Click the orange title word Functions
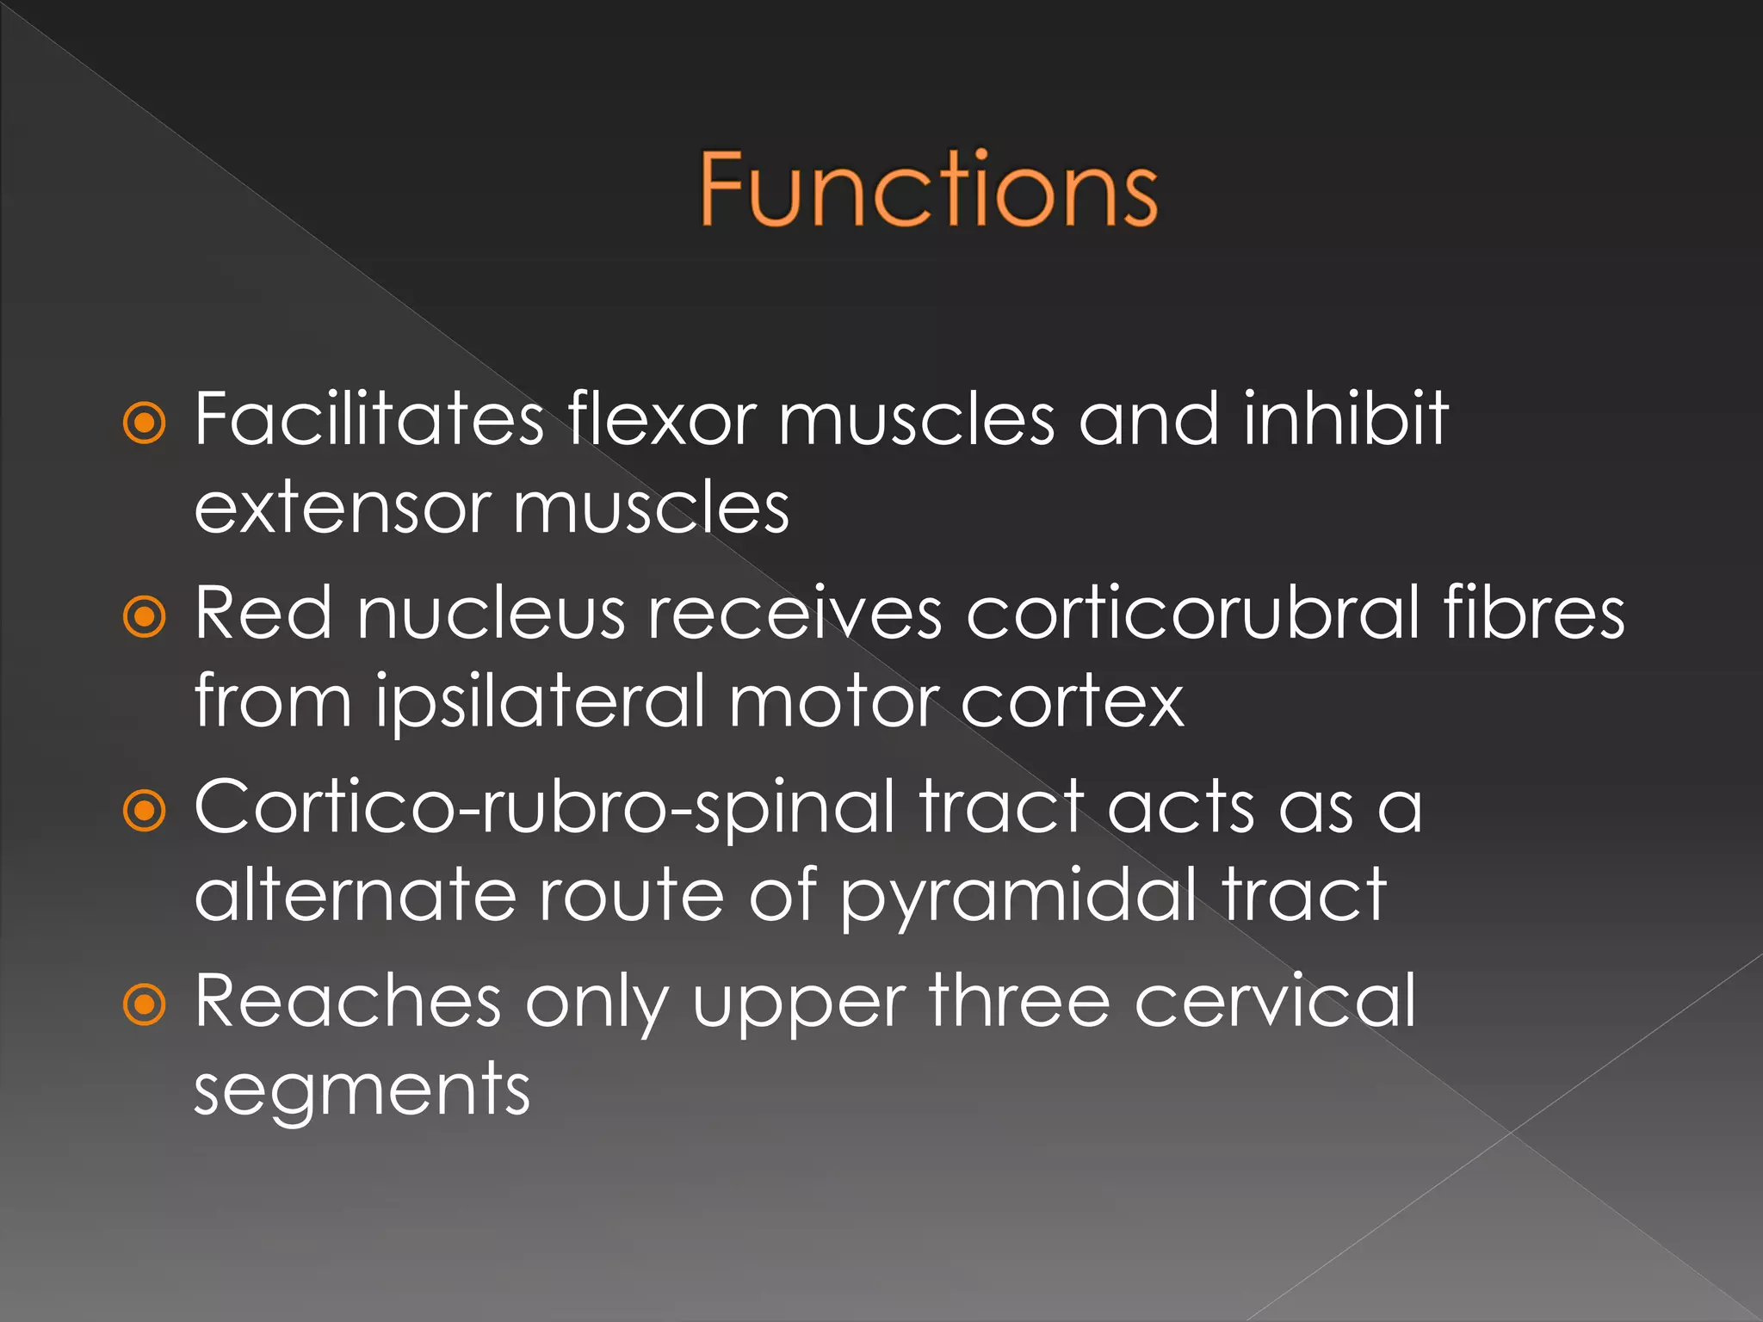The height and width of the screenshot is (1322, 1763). pyautogui.click(x=928, y=189)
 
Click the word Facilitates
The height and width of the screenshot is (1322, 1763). pyautogui.click(x=368, y=419)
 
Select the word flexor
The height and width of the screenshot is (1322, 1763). pyautogui.click(x=661, y=419)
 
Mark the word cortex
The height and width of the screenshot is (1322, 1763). pyautogui.click(x=1072, y=702)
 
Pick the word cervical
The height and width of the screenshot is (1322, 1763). pyautogui.click(x=1275, y=1001)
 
